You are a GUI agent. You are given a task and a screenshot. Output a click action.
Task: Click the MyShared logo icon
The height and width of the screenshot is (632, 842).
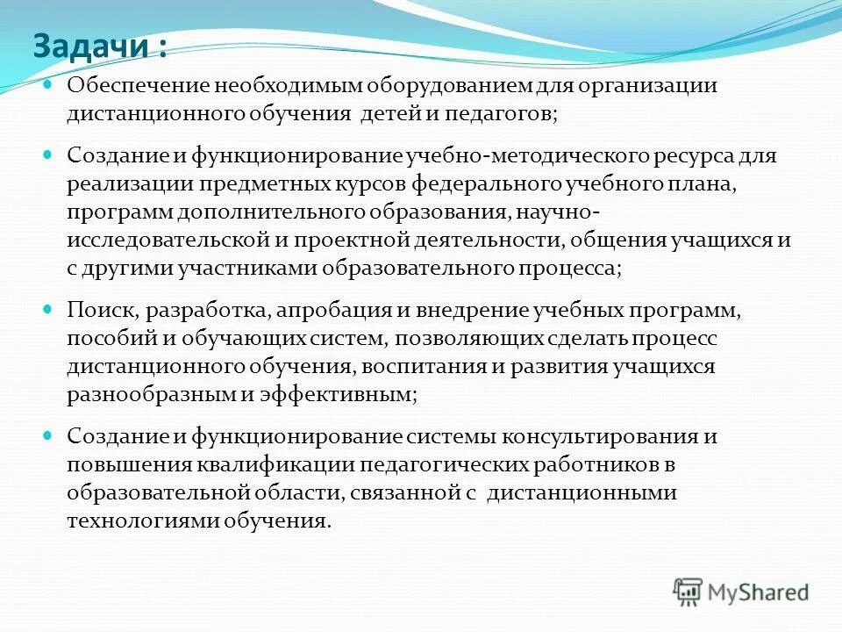[689, 590]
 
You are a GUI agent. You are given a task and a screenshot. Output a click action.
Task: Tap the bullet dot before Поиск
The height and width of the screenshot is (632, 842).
[48, 310]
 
